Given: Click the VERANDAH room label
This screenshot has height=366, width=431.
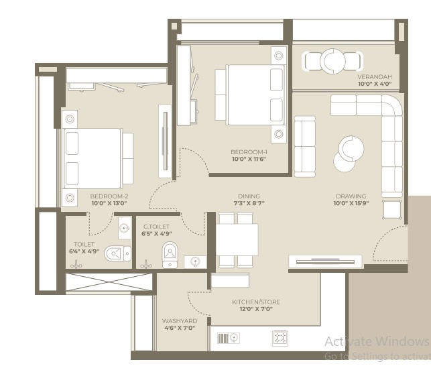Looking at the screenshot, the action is tap(375, 76).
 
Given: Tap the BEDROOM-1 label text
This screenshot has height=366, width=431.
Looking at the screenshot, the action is tap(249, 151).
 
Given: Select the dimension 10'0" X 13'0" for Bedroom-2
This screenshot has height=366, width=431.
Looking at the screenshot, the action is tap(109, 203).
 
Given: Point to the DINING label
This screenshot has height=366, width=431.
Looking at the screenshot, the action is tap(249, 196).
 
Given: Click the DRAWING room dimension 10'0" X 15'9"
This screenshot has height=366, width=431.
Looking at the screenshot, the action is tap(351, 203).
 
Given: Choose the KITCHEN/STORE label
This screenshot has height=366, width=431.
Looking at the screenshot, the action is tap(256, 302).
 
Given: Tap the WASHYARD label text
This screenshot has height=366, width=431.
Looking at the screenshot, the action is tap(180, 321).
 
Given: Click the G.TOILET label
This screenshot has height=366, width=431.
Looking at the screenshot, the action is tap(156, 227).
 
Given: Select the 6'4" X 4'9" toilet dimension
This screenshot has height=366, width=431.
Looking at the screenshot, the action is tap(84, 251).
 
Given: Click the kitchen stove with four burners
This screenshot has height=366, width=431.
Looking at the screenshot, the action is tap(280, 338).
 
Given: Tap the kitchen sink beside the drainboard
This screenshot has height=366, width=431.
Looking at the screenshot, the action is tap(234, 338).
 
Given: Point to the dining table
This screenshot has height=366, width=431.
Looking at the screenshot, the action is tap(237, 240).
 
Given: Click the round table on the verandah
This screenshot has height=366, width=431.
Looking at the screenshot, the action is tap(332, 61).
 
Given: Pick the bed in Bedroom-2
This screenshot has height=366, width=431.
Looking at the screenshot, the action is tap(93, 158).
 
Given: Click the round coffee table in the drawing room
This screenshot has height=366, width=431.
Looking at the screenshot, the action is tap(351, 149).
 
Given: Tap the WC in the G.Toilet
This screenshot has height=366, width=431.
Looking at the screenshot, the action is tap(170, 255).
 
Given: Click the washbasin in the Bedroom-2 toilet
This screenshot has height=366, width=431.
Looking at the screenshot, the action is tap(125, 228).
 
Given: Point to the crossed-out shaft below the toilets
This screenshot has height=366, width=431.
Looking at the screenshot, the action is tap(109, 282).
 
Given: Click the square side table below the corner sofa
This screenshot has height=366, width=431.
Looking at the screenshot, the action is tap(392, 210).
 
